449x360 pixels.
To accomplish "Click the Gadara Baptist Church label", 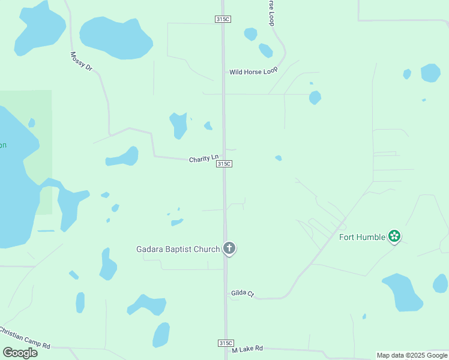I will [x=178, y=248].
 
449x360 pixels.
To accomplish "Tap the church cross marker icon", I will [x=229, y=248].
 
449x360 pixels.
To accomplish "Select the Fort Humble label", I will [x=362, y=236].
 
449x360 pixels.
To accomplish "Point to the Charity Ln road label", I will [x=203, y=159].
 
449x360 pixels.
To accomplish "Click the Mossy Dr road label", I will [x=81, y=61].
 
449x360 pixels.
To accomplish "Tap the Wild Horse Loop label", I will [x=253, y=72].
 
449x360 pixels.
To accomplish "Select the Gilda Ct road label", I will [x=243, y=293].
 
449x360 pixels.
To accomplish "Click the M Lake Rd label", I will [x=247, y=349].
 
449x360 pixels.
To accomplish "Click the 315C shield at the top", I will [x=223, y=19].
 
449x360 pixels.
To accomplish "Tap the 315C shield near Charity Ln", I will [x=224, y=164].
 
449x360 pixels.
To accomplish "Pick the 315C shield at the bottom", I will [x=225, y=343].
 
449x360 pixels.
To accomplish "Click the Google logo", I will [x=20, y=353].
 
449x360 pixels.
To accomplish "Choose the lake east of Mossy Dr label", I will [x=116, y=37].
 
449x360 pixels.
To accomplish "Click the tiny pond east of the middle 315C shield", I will [x=279, y=158].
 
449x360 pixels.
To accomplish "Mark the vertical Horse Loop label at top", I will [x=271, y=12].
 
